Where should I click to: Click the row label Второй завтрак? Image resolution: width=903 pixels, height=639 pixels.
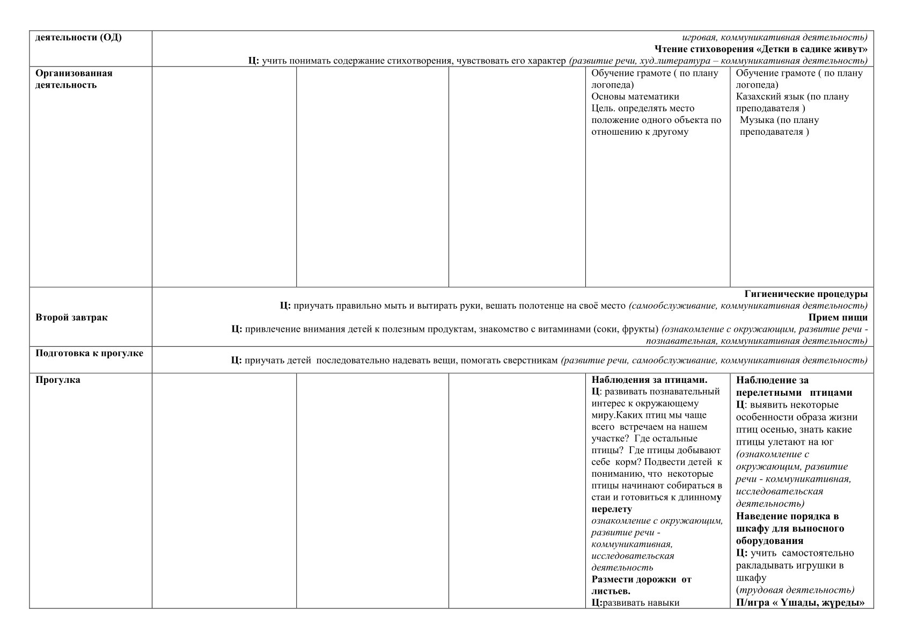71,317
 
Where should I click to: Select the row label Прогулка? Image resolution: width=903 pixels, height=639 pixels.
58,380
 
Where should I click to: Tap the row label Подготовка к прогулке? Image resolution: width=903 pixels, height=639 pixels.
89,353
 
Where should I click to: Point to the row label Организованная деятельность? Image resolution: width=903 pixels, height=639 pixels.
74,79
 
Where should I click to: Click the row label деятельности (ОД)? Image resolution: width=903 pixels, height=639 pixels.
78,38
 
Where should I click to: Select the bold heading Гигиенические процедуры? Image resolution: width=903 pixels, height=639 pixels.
806,294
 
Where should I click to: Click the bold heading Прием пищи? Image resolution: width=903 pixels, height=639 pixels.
838,317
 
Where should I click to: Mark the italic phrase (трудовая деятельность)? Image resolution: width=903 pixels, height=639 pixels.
795,590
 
